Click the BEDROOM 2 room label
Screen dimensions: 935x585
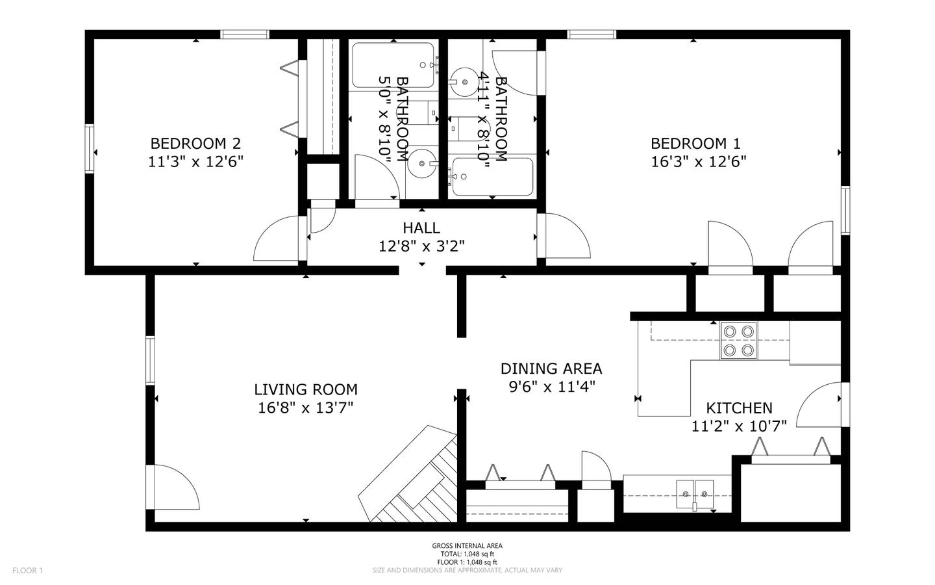(x=195, y=144)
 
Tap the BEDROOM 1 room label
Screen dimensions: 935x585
(x=695, y=144)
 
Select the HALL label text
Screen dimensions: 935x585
(x=421, y=228)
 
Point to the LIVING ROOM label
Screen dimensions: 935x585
(x=306, y=389)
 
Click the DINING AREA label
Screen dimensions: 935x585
(x=551, y=369)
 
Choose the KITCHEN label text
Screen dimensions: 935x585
(x=739, y=408)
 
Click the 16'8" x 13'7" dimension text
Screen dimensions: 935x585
(x=306, y=408)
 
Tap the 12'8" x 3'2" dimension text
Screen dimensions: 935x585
(x=421, y=246)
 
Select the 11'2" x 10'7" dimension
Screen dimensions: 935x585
(x=739, y=426)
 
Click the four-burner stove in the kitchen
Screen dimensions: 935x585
(x=738, y=341)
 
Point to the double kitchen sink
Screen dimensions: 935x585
(x=695, y=494)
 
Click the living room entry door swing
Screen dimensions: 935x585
(x=173, y=487)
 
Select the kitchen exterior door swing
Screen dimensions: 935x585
(x=819, y=404)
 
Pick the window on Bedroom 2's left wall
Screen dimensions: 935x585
(x=90, y=149)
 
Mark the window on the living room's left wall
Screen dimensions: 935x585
(x=150, y=361)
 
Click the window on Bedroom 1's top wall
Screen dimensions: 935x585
(x=592, y=34)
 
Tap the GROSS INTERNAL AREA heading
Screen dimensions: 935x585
(x=467, y=546)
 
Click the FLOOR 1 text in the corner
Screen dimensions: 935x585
(x=27, y=571)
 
